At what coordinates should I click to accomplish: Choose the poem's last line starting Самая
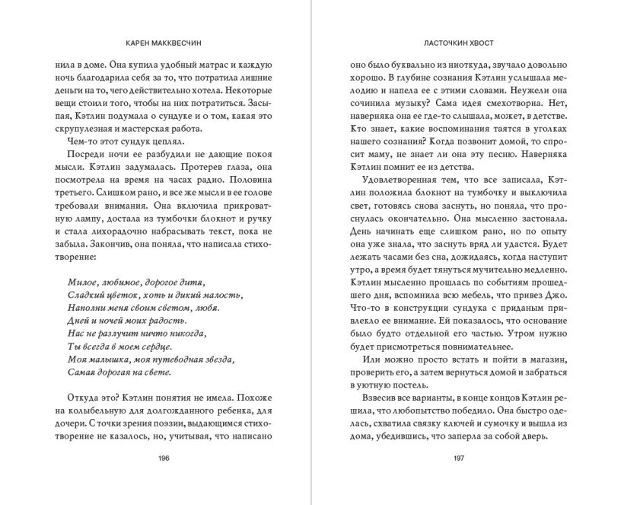(x=114, y=372)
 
